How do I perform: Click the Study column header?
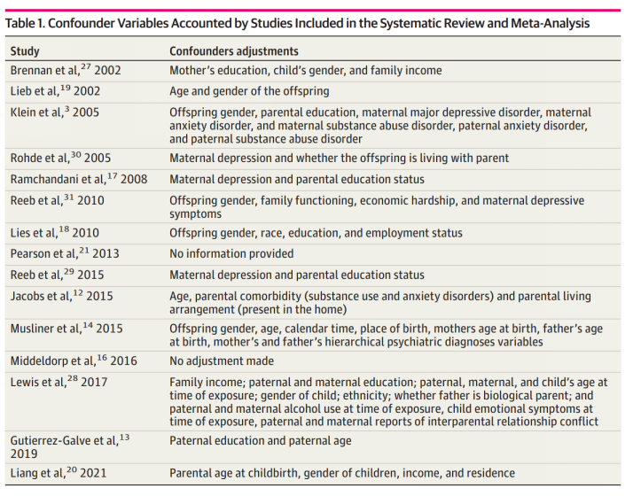25,51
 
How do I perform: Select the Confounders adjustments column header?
234,51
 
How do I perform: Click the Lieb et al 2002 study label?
56,91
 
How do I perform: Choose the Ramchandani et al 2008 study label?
79,180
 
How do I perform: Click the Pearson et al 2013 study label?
65,254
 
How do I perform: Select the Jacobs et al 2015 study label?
61,296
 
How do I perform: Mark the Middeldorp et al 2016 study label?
74,361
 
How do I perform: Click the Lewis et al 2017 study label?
59,382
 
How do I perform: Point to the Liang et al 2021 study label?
59,474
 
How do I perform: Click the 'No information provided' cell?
233,254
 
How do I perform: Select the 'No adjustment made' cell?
222,361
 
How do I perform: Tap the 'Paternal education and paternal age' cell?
260,441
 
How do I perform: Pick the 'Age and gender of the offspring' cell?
249,91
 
